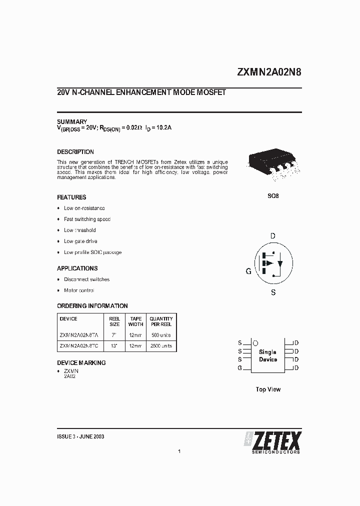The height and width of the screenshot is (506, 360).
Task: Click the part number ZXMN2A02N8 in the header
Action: [x=269, y=72]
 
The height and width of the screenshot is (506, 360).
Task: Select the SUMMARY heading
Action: [x=72, y=122]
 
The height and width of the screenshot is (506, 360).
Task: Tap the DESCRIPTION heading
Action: [x=75, y=152]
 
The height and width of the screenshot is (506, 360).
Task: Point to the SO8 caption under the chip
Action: [x=273, y=196]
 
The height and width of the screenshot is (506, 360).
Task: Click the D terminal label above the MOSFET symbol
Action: [x=273, y=236]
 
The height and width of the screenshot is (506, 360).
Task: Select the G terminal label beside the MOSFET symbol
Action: [x=248, y=271]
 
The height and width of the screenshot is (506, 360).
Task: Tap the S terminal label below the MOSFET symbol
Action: [x=273, y=292]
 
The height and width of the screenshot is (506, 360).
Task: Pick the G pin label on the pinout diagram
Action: [x=240, y=368]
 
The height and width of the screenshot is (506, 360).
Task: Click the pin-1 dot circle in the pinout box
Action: [x=255, y=343]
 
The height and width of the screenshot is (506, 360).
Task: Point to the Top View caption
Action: [x=268, y=389]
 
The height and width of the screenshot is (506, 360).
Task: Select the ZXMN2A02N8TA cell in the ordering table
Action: [x=78, y=334]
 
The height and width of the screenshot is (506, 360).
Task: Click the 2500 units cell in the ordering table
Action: [x=161, y=345]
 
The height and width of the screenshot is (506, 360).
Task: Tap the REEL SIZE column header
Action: [x=114, y=321]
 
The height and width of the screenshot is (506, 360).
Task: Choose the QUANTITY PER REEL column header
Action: [x=161, y=321]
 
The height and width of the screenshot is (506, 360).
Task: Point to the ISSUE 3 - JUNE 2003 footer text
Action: [x=80, y=436]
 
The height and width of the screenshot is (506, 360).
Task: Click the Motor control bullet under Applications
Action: [x=79, y=290]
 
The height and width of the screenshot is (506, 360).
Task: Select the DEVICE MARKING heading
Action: [x=81, y=363]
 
